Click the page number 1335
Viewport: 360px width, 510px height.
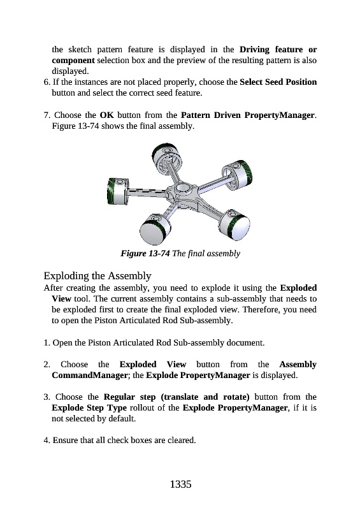[x=180, y=484]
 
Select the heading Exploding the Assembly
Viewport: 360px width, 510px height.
[x=97, y=276]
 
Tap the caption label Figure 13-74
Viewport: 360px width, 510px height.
[x=145, y=253]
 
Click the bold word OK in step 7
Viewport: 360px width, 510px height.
[x=106, y=115]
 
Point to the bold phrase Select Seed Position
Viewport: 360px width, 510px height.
[x=278, y=82]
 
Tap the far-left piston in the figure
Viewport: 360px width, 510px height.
[x=118, y=191]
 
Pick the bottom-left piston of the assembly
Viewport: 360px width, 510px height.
[x=155, y=229]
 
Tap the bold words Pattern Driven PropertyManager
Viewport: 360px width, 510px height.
[x=247, y=115]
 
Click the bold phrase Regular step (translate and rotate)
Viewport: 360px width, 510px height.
[x=176, y=397]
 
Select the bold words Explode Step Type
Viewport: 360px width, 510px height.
[x=89, y=408]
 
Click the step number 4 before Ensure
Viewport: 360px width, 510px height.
[x=46, y=441]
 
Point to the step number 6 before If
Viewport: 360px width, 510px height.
[x=46, y=82]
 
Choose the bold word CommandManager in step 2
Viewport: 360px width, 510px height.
[x=89, y=375]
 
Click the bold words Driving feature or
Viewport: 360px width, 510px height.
[x=278, y=50]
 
